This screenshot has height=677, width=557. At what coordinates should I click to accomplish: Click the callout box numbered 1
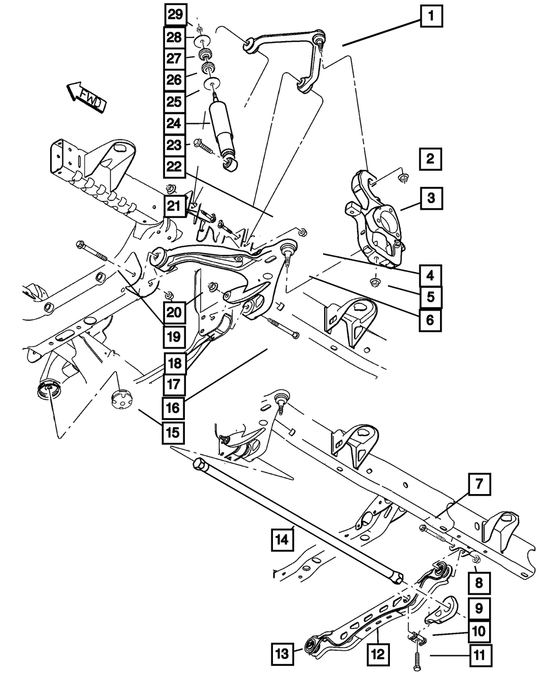pos(431,16)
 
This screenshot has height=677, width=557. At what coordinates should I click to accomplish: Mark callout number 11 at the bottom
pos(479,653)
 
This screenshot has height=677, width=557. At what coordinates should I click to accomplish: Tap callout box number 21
pos(175,206)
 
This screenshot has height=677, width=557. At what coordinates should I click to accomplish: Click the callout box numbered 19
pos(175,336)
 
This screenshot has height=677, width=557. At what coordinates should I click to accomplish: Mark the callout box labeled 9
pos(479,607)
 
